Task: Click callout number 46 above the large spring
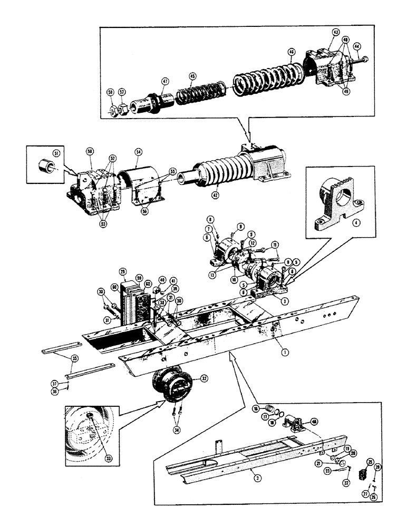(291, 52)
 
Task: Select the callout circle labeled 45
(192, 76)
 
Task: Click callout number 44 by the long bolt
(357, 46)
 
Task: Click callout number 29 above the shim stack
(123, 271)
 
